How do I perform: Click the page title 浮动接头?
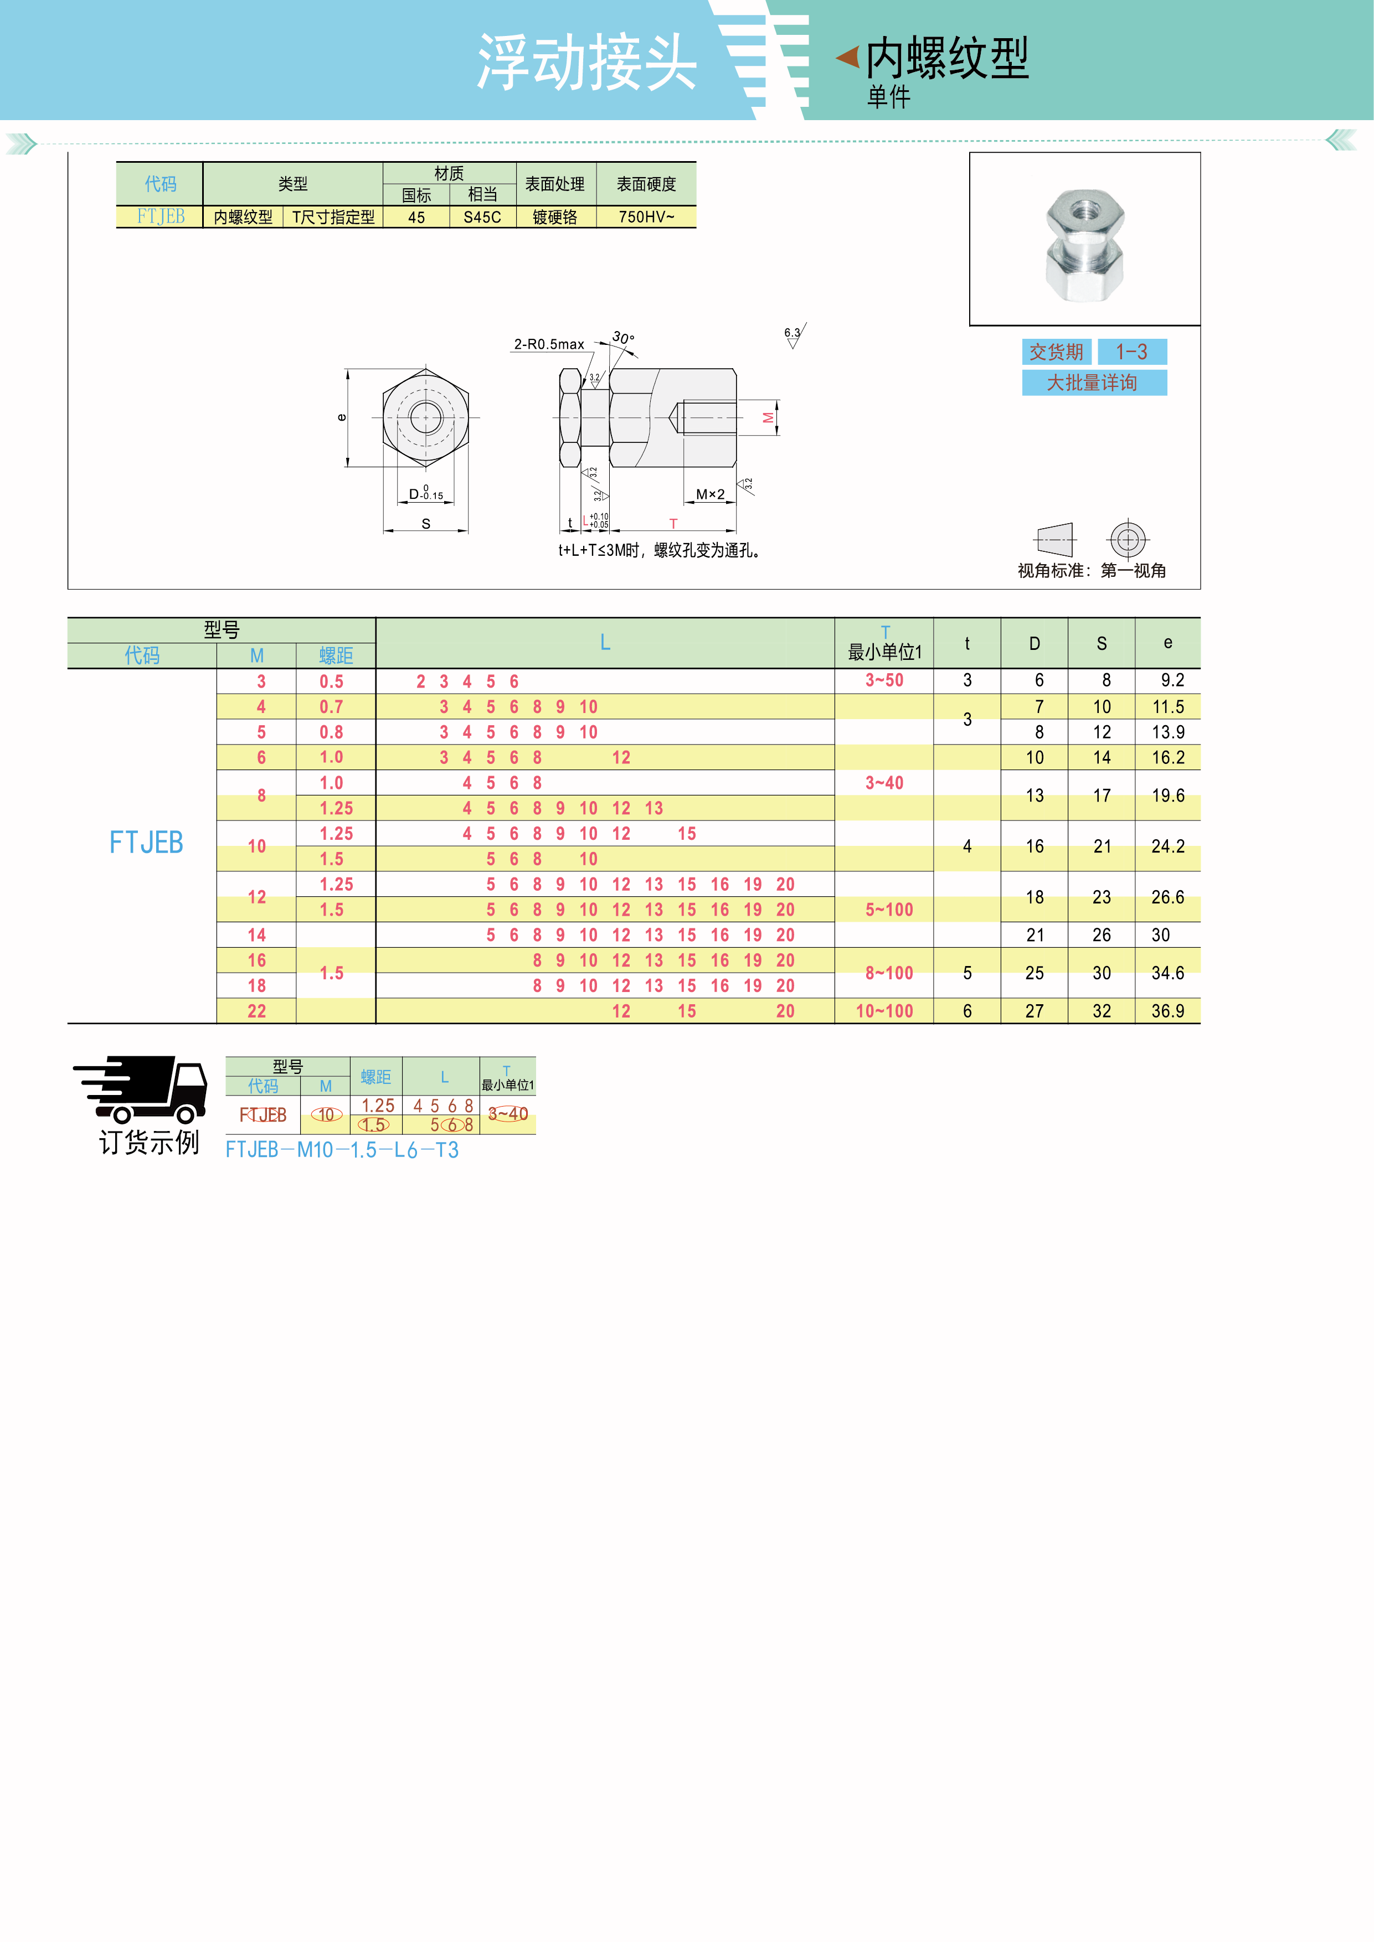click(587, 63)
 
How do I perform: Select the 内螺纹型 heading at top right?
click(948, 58)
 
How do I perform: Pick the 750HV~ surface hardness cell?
click(646, 216)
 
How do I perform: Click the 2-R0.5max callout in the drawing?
click(549, 344)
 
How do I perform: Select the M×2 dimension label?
click(711, 494)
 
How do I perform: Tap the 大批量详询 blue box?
click(1094, 383)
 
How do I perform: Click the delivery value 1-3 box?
click(1132, 352)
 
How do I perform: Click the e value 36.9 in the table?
click(1167, 1011)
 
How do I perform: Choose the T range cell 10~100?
click(884, 1011)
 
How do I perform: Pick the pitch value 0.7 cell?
click(332, 706)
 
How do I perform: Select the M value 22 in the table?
click(256, 1011)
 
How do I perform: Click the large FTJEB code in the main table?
click(146, 843)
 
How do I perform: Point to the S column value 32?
click(1102, 1011)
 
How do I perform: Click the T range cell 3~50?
click(884, 680)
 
